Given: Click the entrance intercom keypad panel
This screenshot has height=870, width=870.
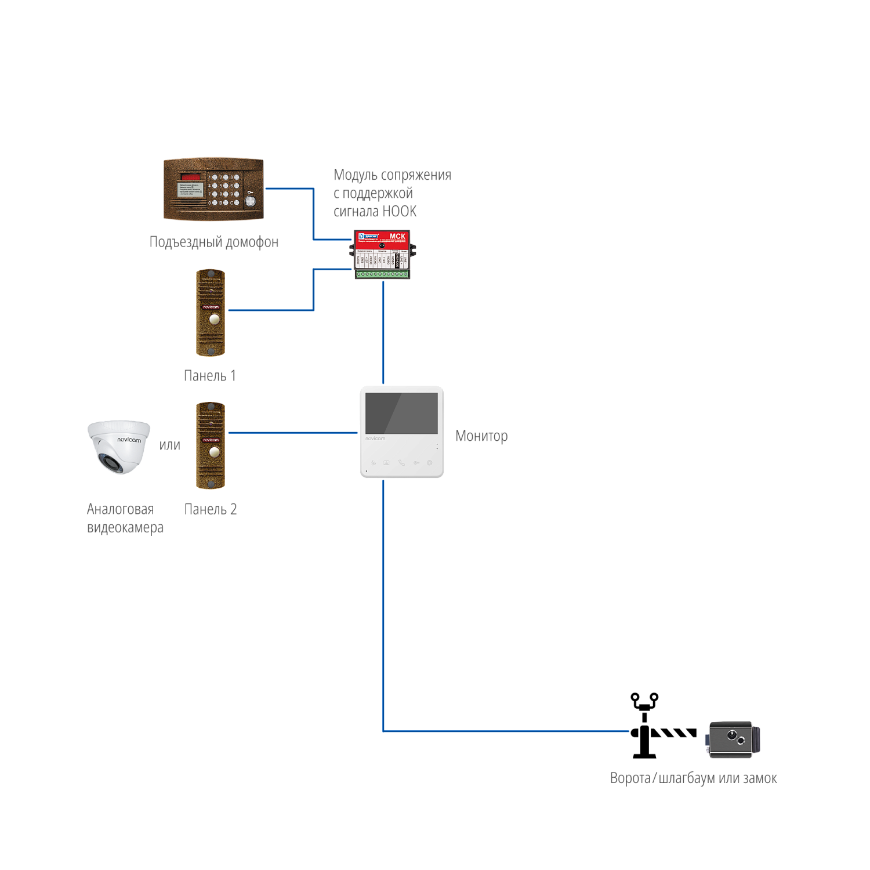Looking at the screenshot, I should pos(213,188).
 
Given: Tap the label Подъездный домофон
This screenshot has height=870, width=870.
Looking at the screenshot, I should pos(214,242).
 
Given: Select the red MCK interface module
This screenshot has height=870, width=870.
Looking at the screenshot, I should pos(382,254).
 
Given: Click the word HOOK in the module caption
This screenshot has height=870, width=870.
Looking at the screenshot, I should pos(399,212).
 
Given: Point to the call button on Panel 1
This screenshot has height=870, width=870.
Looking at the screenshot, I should pos(215,318).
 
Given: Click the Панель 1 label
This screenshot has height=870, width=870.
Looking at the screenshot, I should pos(210,376).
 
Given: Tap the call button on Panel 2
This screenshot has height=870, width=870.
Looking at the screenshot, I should pos(215,451).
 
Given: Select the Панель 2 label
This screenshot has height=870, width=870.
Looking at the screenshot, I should pos(211,510).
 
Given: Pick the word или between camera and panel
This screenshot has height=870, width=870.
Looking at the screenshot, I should pos(170,445).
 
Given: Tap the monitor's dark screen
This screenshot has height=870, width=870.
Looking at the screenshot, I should pos(401,413).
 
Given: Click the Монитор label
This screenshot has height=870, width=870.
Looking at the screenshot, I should pos(481,436).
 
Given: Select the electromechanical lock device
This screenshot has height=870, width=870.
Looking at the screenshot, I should pos(732,739).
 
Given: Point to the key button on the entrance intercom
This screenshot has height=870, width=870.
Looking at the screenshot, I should pos(250,201).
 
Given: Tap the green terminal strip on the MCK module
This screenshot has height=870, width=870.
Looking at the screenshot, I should pos(382,274).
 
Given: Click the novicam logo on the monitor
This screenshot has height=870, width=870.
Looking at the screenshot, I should pos(375,438).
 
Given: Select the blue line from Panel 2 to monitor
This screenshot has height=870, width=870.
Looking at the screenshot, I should pos(293,433).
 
